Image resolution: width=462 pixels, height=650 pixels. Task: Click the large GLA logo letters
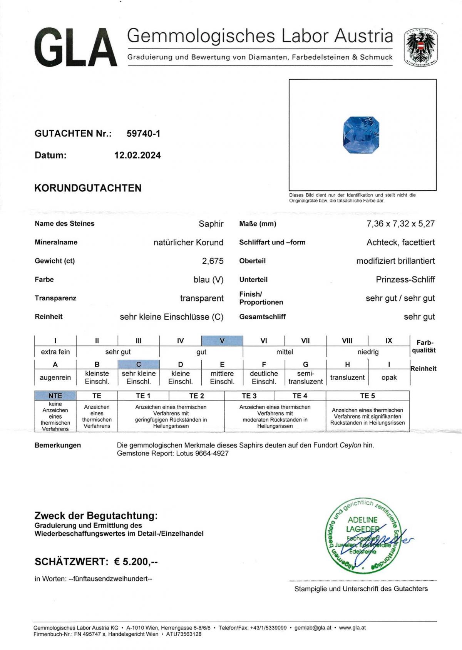pos(75,48)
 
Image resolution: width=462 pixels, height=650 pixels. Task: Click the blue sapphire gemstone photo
pos(361,135)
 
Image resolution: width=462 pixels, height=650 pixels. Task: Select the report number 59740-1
pos(143,134)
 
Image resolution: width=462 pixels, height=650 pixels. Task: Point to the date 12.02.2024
pos(137,155)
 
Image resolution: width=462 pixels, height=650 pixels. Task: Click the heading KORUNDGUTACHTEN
pos(88,188)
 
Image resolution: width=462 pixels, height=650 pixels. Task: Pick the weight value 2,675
pos(213,261)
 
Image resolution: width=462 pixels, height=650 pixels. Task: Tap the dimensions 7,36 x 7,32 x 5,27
pos(400,224)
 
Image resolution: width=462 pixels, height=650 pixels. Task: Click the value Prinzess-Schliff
pos(405,280)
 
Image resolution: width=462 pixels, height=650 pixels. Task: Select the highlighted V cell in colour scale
pos(222,341)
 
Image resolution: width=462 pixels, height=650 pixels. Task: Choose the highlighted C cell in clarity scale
pos(139,364)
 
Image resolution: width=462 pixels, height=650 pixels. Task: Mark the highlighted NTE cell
pos(55,396)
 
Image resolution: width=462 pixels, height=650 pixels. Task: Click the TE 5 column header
pos(367,396)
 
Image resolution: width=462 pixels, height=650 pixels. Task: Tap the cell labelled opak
pos(389,377)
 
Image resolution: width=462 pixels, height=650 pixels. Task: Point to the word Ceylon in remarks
pos(350,445)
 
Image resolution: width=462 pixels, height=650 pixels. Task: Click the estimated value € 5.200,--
pos(136,562)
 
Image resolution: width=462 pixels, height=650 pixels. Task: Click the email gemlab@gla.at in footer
pos(313,628)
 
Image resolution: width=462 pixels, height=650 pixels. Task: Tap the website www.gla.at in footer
pos(352,628)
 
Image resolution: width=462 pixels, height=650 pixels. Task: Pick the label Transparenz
pos(55,298)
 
